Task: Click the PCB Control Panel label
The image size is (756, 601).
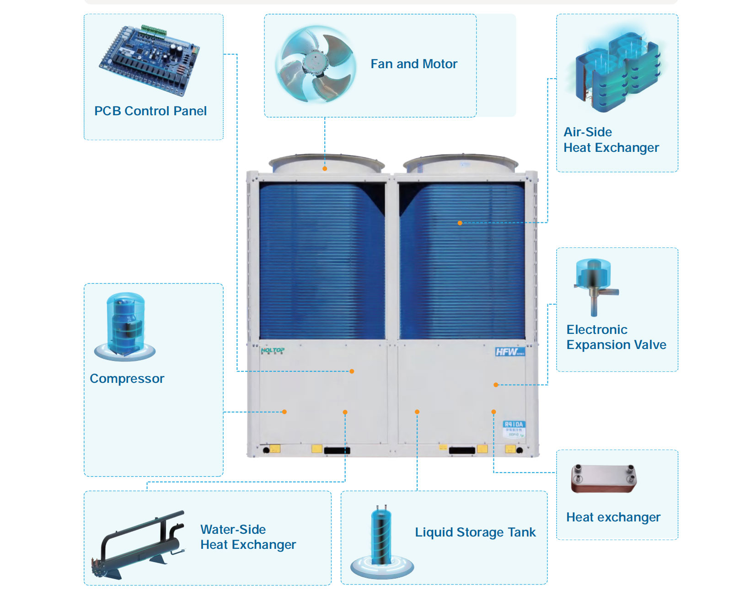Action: [150, 111]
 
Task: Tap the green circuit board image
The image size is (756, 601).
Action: [150, 59]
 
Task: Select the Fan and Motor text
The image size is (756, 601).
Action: [413, 64]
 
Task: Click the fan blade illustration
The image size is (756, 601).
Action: [315, 64]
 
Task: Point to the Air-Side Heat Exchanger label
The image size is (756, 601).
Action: [611, 140]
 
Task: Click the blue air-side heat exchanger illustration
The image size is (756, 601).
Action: [617, 71]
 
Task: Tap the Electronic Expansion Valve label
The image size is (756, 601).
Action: [616, 337]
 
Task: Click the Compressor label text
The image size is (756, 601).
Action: [127, 379]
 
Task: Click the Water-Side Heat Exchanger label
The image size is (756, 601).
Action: [248, 537]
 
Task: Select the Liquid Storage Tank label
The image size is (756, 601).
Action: [475, 532]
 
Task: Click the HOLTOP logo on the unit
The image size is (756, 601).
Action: [273, 351]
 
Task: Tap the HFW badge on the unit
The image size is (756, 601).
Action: [509, 352]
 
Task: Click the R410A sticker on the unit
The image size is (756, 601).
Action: [514, 429]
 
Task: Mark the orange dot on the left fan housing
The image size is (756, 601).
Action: [325, 169]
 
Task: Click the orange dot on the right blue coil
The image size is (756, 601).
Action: [460, 223]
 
